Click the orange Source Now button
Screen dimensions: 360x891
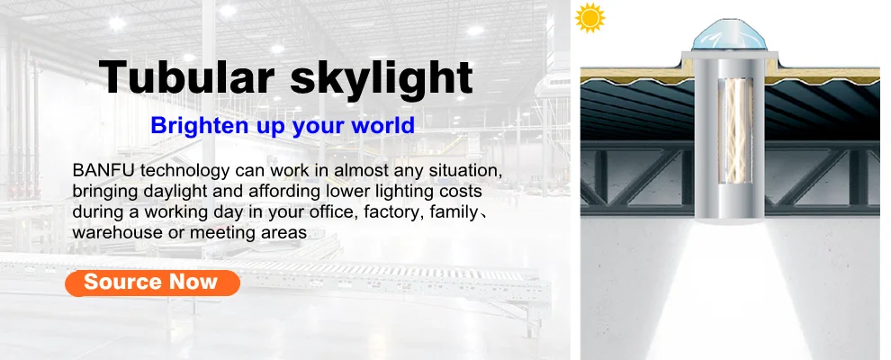click(152, 283)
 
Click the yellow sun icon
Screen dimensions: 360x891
click(590, 17)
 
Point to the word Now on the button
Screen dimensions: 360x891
click(194, 282)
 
